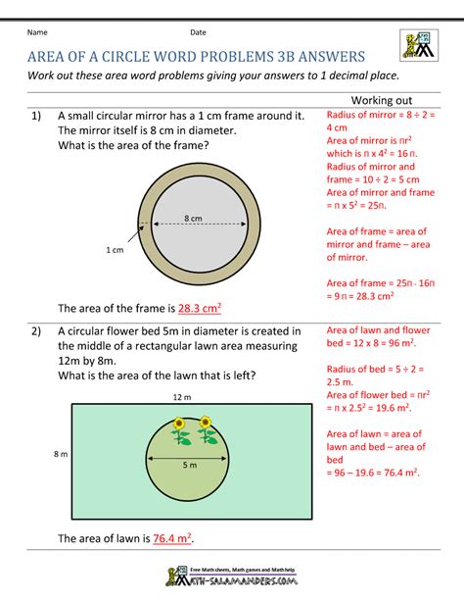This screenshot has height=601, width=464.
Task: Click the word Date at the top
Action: [x=199, y=32]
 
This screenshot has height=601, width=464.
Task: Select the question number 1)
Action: [x=36, y=117]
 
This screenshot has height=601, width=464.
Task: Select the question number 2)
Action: [x=36, y=331]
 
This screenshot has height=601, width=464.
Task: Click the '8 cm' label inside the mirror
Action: [x=192, y=218]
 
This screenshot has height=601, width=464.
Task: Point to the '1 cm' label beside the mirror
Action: [x=115, y=251]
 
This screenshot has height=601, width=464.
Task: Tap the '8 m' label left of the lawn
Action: [x=61, y=454]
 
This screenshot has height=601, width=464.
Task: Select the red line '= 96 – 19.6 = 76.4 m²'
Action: [x=372, y=472]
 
